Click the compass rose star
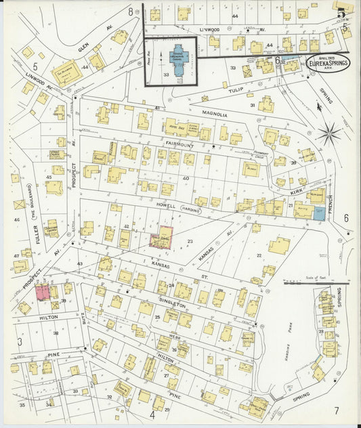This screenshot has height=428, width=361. (x=330, y=133)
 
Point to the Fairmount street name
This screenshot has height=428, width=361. (x=179, y=145)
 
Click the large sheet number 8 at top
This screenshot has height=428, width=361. (x=130, y=12)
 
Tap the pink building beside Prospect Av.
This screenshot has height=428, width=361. (x=43, y=293)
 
